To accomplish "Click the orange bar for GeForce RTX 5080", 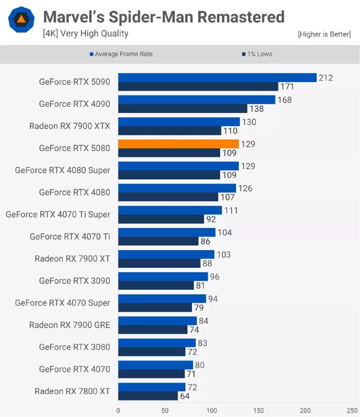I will pos(178,144).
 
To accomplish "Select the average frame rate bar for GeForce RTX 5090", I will pos(217,78).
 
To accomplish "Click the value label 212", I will pos(326,78).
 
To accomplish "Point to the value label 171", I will pos(287,87).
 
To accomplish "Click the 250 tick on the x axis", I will pos(351,410).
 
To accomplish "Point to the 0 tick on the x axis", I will pos(118,410).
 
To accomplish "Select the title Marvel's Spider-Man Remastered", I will pos(163,17).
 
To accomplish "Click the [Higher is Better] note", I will pos(324,34).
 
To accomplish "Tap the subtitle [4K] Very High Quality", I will pos(86,34).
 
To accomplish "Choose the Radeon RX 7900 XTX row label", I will pos(69,126).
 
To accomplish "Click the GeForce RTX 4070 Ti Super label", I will pos(58,214).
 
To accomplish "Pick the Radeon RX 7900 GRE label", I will pos(69,325).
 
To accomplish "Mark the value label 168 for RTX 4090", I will pos(284,100).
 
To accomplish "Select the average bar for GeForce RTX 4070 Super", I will pos(162,299).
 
